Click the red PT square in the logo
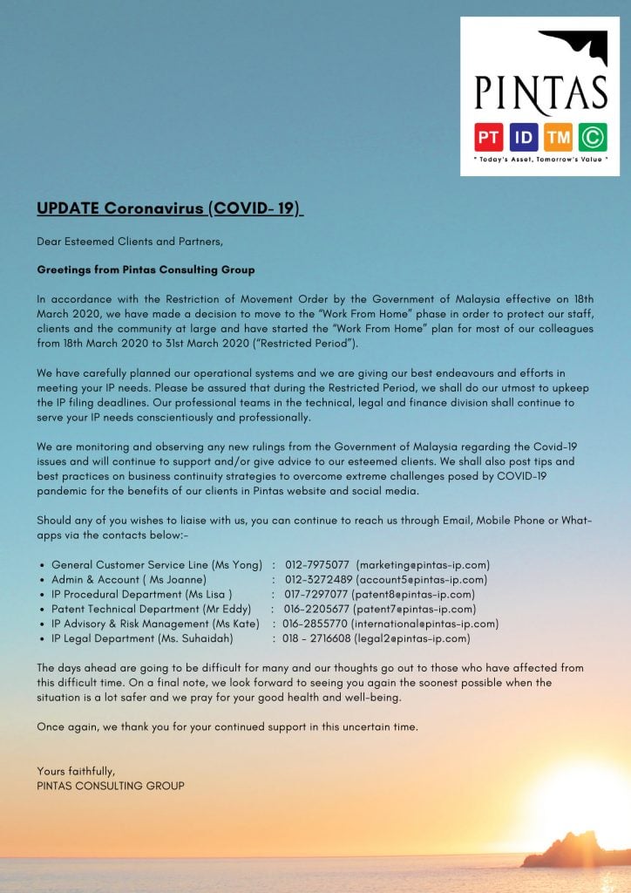click(488, 137)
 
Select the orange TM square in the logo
click(558, 137)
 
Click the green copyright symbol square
click(593, 137)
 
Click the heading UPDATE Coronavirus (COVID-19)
click(169, 208)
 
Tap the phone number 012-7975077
click(317, 565)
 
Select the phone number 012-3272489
click(317, 580)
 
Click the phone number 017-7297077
click(317, 595)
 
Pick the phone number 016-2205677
click(316, 610)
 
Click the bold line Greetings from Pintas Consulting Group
click(146, 270)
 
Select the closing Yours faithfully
click(76, 772)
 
